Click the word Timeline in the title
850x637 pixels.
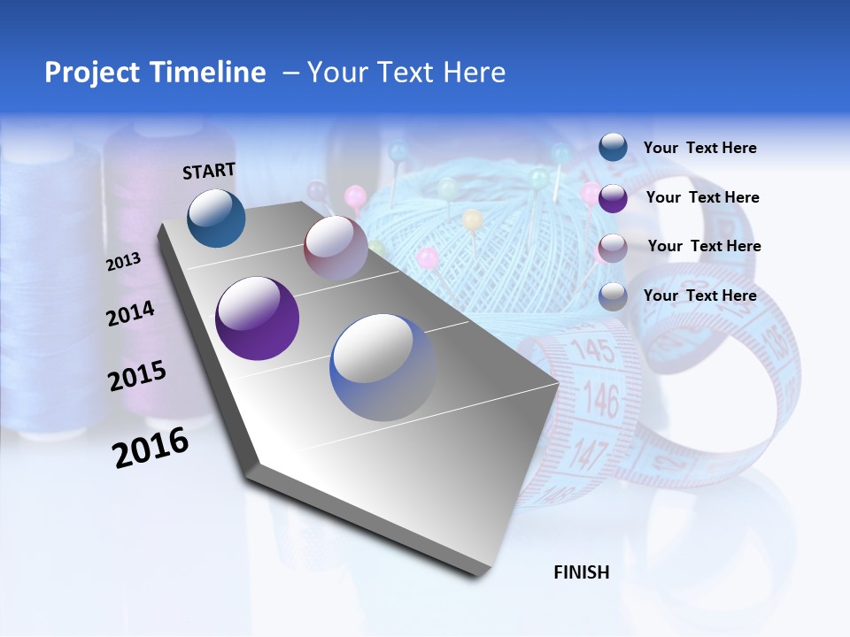click(208, 73)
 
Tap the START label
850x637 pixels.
click(209, 170)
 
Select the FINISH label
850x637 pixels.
click(582, 572)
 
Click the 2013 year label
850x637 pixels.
click(123, 262)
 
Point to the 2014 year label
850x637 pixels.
click(130, 313)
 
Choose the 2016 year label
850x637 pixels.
click(151, 448)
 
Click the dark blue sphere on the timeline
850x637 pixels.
click(216, 218)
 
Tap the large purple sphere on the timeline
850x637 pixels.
click(257, 318)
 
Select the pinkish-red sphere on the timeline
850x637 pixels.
click(336, 248)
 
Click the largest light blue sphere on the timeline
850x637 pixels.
click(383, 367)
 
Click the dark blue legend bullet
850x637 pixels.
click(613, 148)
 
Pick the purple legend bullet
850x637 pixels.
click(613, 197)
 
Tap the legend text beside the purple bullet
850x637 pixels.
click(702, 197)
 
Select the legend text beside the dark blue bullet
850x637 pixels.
click(699, 149)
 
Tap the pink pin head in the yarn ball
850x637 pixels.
click(428, 257)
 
